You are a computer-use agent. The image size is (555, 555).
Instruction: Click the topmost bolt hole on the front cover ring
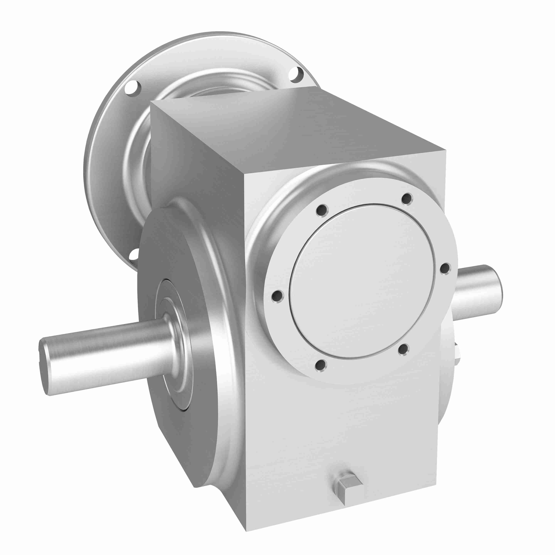click(x=407, y=198)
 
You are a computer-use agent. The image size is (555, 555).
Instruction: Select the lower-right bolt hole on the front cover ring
click(x=403, y=349)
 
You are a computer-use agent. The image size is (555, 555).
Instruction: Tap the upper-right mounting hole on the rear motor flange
click(x=296, y=74)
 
